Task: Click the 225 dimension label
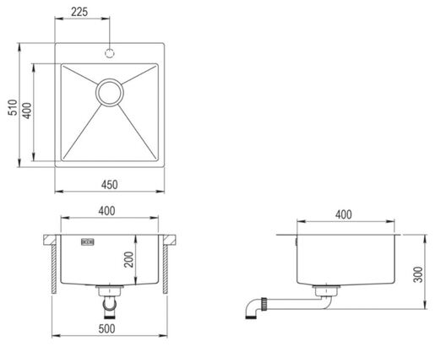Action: pos(79,12)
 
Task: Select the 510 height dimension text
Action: pos(13,107)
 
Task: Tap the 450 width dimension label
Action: pos(109,185)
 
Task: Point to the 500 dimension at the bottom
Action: pos(106,328)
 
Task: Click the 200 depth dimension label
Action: pos(128,259)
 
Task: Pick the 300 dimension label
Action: pos(418,274)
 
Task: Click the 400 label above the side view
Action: pos(344,214)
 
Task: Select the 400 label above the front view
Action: pos(106,211)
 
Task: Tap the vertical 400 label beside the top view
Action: pos(27,111)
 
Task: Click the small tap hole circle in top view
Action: pos(110,53)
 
